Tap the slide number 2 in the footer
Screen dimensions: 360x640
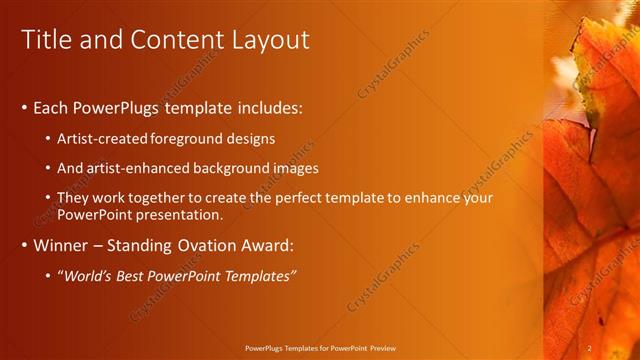590,347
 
